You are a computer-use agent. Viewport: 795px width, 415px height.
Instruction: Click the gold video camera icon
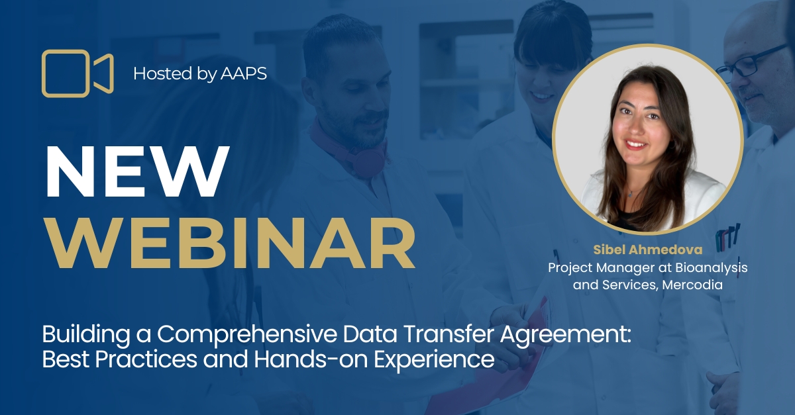[x=77, y=73]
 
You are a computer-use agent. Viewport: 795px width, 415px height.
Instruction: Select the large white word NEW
[x=136, y=170]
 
